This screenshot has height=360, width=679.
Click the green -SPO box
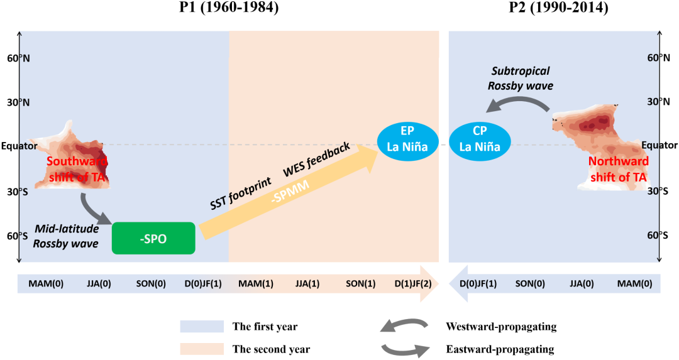pos(153,238)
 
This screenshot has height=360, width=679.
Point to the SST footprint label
pos(241,192)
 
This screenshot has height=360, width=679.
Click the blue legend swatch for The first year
pos(202,327)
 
